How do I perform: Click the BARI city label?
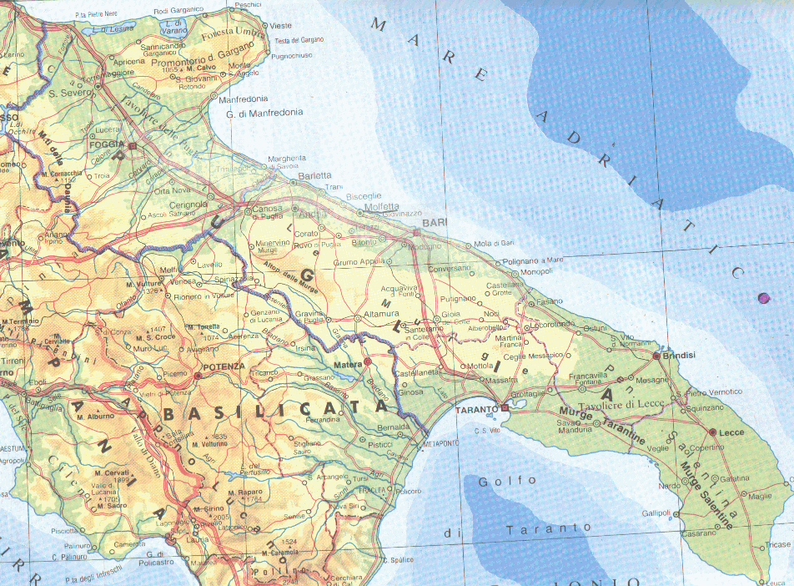click(x=435, y=223)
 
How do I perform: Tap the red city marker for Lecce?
click(x=711, y=432)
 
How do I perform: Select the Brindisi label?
click(x=680, y=356)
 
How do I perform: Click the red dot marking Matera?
click(x=367, y=361)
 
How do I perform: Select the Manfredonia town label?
click(x=244, y=98)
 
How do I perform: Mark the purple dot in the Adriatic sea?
click(x=762, y=298)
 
